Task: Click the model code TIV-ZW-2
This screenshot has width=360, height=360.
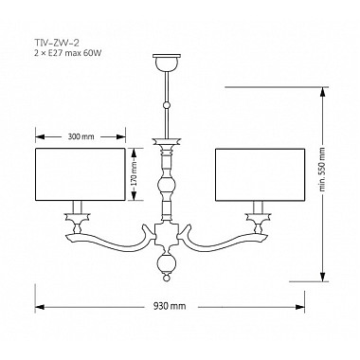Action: (56, 44)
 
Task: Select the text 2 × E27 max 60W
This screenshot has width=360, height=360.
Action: (67, 53)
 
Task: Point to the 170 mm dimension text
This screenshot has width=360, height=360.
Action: (134, 173)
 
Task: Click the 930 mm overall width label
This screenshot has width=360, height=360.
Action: (170, 306)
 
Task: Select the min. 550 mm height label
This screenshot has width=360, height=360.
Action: (322, 170)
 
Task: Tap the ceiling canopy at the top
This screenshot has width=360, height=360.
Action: (167, 63)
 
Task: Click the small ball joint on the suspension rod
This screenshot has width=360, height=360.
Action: (167, 105)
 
